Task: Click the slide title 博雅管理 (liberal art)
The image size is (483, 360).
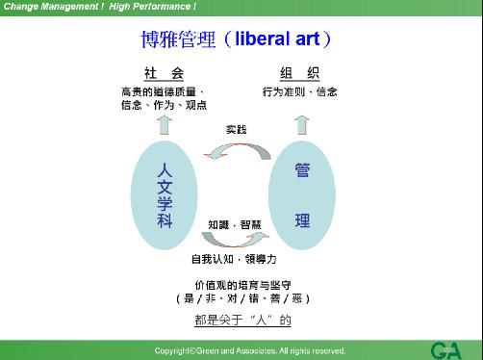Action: click(x=237, y=40)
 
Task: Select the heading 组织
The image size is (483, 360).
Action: click(x=299, y=74)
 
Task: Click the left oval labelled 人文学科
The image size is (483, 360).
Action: click(x=165, y=193)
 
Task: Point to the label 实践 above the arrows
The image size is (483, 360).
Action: click(x=236, y=128)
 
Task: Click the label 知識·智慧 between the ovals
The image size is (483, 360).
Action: click(x=235, y=223)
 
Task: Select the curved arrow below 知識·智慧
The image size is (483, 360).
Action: click(x=235, y=240)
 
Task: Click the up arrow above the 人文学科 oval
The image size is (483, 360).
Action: click(x=164, y=124)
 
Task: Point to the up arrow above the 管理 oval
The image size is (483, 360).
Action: click(x=301, y=123)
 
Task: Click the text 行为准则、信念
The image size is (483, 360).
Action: click(x=299, y=92)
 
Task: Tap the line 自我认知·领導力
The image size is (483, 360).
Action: click(x=234, y=259)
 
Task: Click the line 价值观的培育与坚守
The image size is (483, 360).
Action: click(x=235, y=285)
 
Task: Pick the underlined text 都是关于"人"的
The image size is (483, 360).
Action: click(x=236, y=320)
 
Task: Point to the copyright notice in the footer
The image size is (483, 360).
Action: click(x=250, y=350)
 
